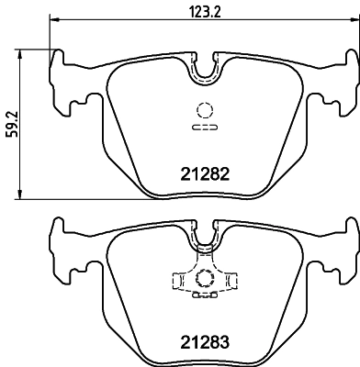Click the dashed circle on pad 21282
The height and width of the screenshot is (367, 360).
tap(202, 112)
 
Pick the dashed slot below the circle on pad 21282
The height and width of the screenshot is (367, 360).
tap(202, 129)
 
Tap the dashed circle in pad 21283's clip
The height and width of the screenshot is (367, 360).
tap(202, 279)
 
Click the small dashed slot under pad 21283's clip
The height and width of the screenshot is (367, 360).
tap(202, 296)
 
